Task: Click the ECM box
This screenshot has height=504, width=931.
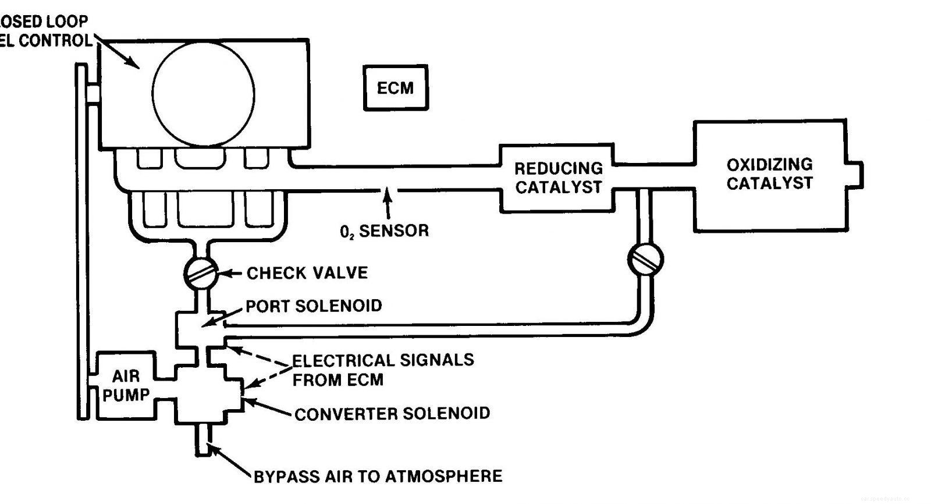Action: [396, 88]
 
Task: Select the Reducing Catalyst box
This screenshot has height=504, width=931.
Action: [557, 178]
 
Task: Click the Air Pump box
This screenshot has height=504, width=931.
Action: [126, 385]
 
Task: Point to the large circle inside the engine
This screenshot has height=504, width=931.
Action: [203, 94]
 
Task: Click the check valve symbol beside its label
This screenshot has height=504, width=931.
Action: [201, 272]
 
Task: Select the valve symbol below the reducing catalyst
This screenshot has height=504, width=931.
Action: [645, 259]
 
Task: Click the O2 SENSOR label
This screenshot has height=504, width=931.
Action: [384, 231]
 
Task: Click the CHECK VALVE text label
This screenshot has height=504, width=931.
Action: [307, 273]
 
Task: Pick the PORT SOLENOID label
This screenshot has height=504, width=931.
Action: [314, 306]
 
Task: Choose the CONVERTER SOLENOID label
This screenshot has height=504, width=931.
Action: [392, 414]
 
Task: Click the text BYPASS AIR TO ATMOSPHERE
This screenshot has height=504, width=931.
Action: [378, 476]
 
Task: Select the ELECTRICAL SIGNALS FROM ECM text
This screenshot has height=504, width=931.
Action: [382, 370]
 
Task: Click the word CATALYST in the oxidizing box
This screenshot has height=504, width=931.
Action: [769, 183]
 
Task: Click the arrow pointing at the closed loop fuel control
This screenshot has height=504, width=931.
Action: [119, 52]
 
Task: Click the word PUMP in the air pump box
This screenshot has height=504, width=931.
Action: [126, 395]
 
